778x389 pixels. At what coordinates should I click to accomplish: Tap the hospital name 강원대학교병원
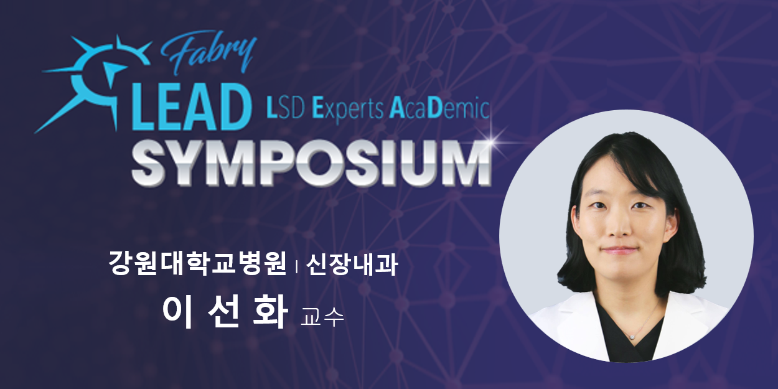(197, 264)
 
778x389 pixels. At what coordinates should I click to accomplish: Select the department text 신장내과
(352, 264)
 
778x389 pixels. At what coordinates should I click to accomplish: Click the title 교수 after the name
(322, 317)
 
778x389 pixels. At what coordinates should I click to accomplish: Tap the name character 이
(178, 312)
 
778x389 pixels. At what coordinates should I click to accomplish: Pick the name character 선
(224, 312)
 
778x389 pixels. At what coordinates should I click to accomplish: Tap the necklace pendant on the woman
(632, 337)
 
